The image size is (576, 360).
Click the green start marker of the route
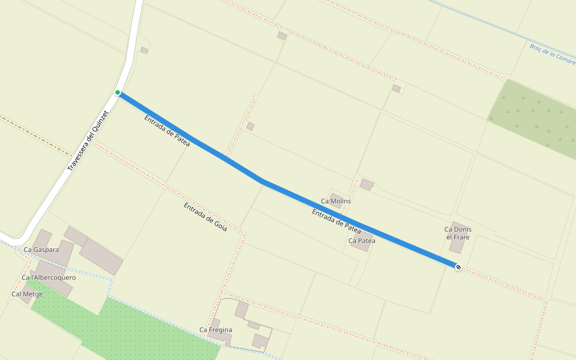(x=118, y=92)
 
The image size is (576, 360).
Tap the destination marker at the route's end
(x=458, y=267)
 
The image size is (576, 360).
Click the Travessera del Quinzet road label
(x=88, y=142)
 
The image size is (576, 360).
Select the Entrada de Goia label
(x=205, y=217)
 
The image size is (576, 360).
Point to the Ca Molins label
(x=336, y=201)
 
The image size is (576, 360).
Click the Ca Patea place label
(x=362, y=241)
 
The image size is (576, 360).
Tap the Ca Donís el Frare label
(x=458, y=233)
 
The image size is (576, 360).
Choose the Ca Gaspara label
(x=41, y=250)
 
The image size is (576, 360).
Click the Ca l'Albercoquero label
(x=49, y=278)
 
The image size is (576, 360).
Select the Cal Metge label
(x=27, y=294)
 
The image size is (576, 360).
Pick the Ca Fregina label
(x=215, y=330)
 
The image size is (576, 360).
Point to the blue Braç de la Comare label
(x=552, y=53)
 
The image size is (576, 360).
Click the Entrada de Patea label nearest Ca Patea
(x=336, y=221)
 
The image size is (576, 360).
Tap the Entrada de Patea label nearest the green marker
(x=167, y=131)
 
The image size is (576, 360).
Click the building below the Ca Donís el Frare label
(x=457, y=246)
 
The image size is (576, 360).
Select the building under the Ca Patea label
(x=361, y=246)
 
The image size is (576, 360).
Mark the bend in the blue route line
(x=262, y=181)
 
